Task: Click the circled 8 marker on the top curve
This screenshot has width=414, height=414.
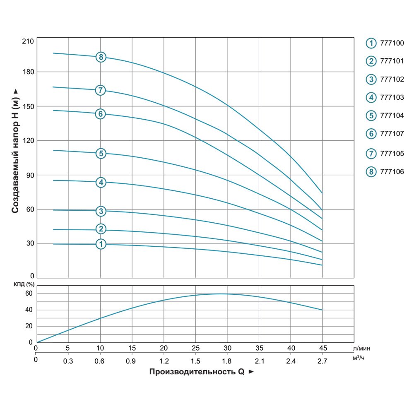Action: tap(101, 57)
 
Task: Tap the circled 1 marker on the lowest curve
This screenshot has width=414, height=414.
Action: tap(101, 244)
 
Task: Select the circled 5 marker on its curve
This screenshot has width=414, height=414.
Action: tap(101, 154)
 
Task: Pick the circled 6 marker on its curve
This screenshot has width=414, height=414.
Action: tap(100, 114)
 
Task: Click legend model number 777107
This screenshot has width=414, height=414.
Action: tap(391, 134)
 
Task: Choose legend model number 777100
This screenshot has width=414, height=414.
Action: tap(391, 43)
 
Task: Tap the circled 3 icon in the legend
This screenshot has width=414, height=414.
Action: tap(371, 79)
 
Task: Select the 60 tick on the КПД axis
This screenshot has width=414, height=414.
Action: tap(29, 294)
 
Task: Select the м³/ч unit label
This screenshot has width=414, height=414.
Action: tap(359, 358)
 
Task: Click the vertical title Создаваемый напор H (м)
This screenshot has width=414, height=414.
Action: tap(15, 151)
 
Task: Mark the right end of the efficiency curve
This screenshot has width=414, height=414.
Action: tap(322, 310)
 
